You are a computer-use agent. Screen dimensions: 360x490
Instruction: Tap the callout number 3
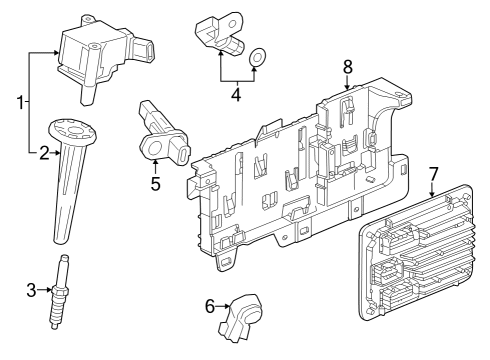point(31,290)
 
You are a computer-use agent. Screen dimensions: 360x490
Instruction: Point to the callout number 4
point(235,97)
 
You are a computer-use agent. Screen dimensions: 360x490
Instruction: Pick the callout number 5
point(155,184)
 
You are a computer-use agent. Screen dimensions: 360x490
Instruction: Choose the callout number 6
point(211,306)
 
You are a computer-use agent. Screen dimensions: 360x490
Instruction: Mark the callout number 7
point(433,173)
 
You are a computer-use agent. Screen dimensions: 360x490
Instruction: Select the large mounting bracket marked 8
point(300,170)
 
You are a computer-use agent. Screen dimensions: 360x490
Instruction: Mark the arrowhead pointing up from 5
point(155,163)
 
